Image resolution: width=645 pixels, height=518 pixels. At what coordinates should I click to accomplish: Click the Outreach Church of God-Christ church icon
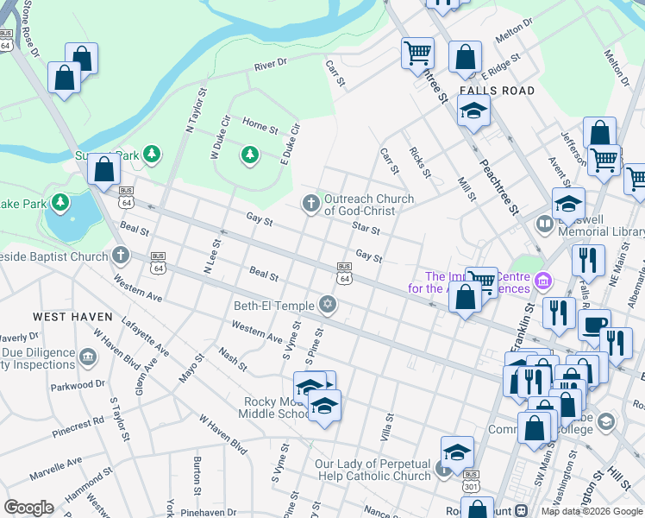tap(310, 204)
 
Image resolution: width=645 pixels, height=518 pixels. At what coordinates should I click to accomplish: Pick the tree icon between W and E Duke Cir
tap(250, 155)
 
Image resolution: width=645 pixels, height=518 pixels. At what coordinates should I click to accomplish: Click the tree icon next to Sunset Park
tap(152, 155)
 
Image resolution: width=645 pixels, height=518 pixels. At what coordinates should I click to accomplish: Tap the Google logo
tap(29, 507)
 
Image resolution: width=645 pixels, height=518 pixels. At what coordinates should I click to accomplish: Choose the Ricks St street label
tap(420, 161)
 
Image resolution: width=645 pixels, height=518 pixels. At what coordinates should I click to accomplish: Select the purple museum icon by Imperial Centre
tap(542, 281)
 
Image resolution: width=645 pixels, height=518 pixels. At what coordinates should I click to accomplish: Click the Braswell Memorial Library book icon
tap(544, 225)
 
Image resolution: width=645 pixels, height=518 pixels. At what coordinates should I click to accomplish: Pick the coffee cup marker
tap(593, 325)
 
